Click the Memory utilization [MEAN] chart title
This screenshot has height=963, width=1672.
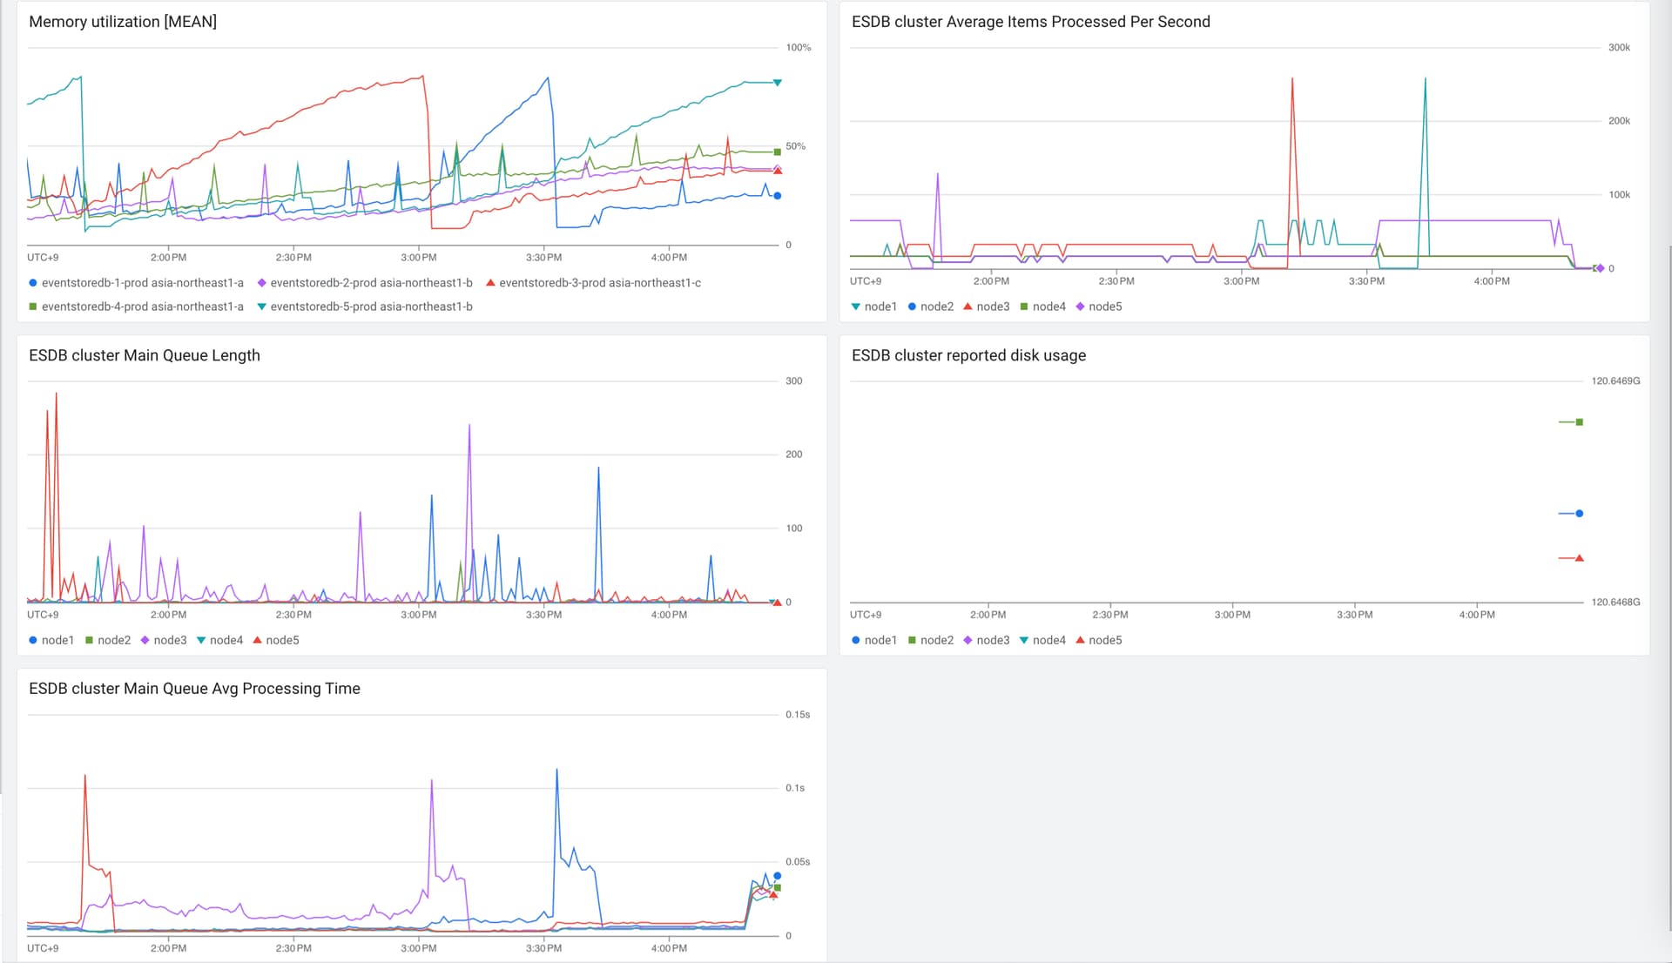[123, 22]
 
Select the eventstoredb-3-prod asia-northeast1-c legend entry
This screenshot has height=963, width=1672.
[593, 283]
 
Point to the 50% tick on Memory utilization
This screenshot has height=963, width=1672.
[795, 146]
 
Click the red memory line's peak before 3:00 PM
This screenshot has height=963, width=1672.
[423, 76]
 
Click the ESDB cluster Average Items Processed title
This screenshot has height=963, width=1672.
[1030, 22]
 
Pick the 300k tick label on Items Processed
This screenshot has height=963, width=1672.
[1619, 48]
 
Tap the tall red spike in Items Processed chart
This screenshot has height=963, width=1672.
[1292, 78]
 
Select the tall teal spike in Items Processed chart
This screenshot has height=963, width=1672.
[1425, 78]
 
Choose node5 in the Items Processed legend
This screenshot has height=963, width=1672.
[1099, 306]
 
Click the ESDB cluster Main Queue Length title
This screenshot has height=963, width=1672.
[145, 355]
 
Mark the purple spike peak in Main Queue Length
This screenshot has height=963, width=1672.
[469, 425]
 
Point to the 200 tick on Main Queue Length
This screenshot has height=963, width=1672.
[793, 455]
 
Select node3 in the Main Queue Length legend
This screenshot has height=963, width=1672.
[164, 640]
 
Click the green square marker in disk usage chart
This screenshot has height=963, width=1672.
[1579, 422]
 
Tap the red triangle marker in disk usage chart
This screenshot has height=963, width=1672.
[1579, 558]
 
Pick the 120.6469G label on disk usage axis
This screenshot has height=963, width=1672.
[1615, 381]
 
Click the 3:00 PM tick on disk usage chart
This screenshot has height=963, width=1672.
[1232, 615]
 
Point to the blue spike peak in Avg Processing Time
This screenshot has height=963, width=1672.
[557, 770]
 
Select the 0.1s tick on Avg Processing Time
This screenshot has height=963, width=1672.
[795, 788]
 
